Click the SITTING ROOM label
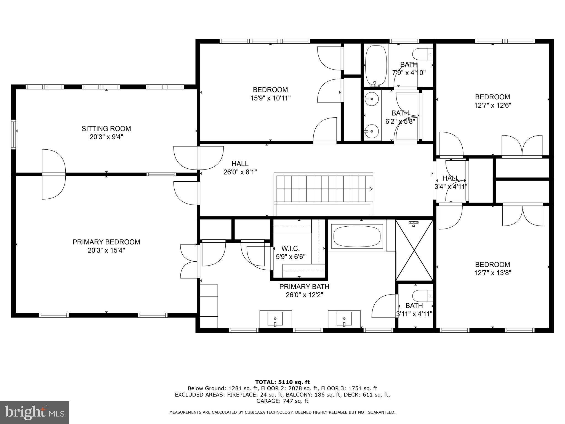(106, 129)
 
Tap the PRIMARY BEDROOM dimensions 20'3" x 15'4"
(106, 250)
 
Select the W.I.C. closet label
(291, 248)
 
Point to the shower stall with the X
(414, 251)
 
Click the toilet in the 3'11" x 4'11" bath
(422, 296)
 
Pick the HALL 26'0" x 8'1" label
(240, 168)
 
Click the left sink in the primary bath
(275, 319)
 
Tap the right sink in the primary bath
(344, 319)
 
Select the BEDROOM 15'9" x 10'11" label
(270, 94)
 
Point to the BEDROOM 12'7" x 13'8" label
(492, 269)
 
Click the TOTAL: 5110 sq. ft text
(282, 382)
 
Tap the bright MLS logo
(34, 412)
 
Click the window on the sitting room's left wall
(13, 134)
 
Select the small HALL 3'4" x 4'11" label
(451, 182)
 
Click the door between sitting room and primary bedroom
(54, 174)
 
